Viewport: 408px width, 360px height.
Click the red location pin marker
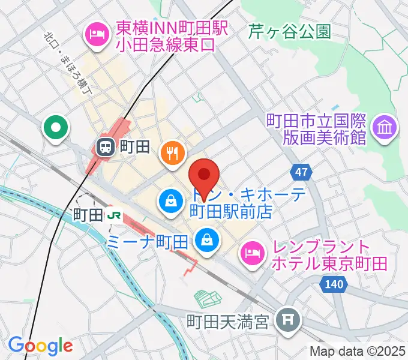pos(204,175)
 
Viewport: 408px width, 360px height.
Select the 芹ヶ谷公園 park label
pos(290,31)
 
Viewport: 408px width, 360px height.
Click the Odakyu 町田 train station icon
pos(106,146)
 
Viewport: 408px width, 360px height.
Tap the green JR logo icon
pos(112,214)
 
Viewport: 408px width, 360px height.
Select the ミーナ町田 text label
pos(147,242)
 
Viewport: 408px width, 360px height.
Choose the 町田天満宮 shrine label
pos(235,323)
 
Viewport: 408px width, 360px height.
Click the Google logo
pos(40,346)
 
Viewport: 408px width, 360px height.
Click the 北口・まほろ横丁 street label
pos(67,61)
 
